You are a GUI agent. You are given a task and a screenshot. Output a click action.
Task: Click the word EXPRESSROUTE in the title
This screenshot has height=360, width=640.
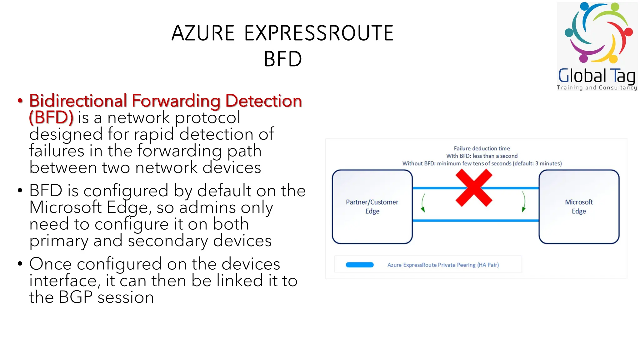tap(319, 33)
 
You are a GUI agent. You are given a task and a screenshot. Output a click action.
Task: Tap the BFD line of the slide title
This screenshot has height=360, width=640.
tap(283, 59)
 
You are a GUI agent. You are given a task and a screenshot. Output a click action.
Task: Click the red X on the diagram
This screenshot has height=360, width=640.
tap(474, 188)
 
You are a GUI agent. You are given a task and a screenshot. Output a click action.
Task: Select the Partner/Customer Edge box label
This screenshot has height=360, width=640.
tap(372, 206)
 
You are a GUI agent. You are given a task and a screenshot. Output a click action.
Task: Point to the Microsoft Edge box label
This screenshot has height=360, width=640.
tap(579, 206)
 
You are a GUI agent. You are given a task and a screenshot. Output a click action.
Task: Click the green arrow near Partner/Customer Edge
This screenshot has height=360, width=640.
tap(423, 203)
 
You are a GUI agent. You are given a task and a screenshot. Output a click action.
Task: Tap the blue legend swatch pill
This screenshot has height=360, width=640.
tap(359, 265)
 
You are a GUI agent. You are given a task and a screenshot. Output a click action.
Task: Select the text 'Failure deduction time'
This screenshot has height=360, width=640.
tap(482, 148)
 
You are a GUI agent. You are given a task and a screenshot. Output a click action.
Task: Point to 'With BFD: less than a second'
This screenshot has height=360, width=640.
tap(482, 156)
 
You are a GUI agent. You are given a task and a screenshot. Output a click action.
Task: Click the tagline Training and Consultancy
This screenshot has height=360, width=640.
tap(597, 88)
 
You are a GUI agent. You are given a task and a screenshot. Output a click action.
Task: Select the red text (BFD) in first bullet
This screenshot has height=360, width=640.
tap(51, 117)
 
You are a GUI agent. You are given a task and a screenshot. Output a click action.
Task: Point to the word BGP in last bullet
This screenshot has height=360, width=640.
tap(76, 297)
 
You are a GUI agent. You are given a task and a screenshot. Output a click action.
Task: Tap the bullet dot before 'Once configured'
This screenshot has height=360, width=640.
tap(20, 263)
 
